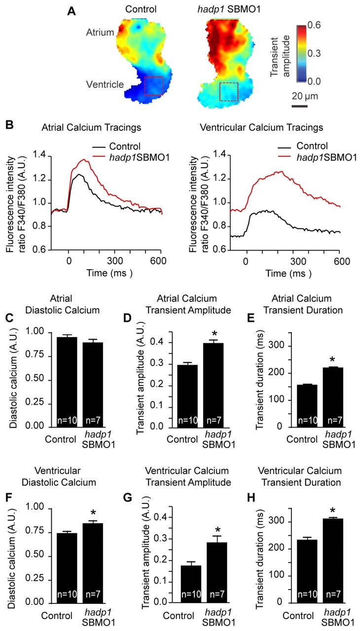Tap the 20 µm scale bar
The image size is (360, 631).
click(299, 105)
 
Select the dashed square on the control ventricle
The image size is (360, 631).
click(153, 85)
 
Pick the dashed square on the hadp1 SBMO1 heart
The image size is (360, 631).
click(229, 92)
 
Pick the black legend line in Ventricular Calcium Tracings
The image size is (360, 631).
click(286, 146)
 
